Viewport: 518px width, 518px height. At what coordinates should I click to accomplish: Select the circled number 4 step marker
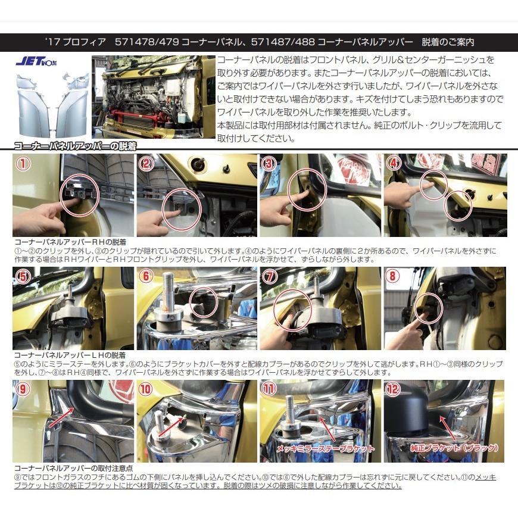pyautogui.click(x=394, y=164)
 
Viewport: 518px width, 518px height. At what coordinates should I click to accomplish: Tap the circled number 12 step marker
pyautogui.click(x=394, y=390)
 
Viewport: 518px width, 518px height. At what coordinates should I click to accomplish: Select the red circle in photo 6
pyautogui.click(x=204, y=302)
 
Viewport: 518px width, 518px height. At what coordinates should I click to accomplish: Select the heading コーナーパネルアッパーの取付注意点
pyautogui.click(x=73, y=469)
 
